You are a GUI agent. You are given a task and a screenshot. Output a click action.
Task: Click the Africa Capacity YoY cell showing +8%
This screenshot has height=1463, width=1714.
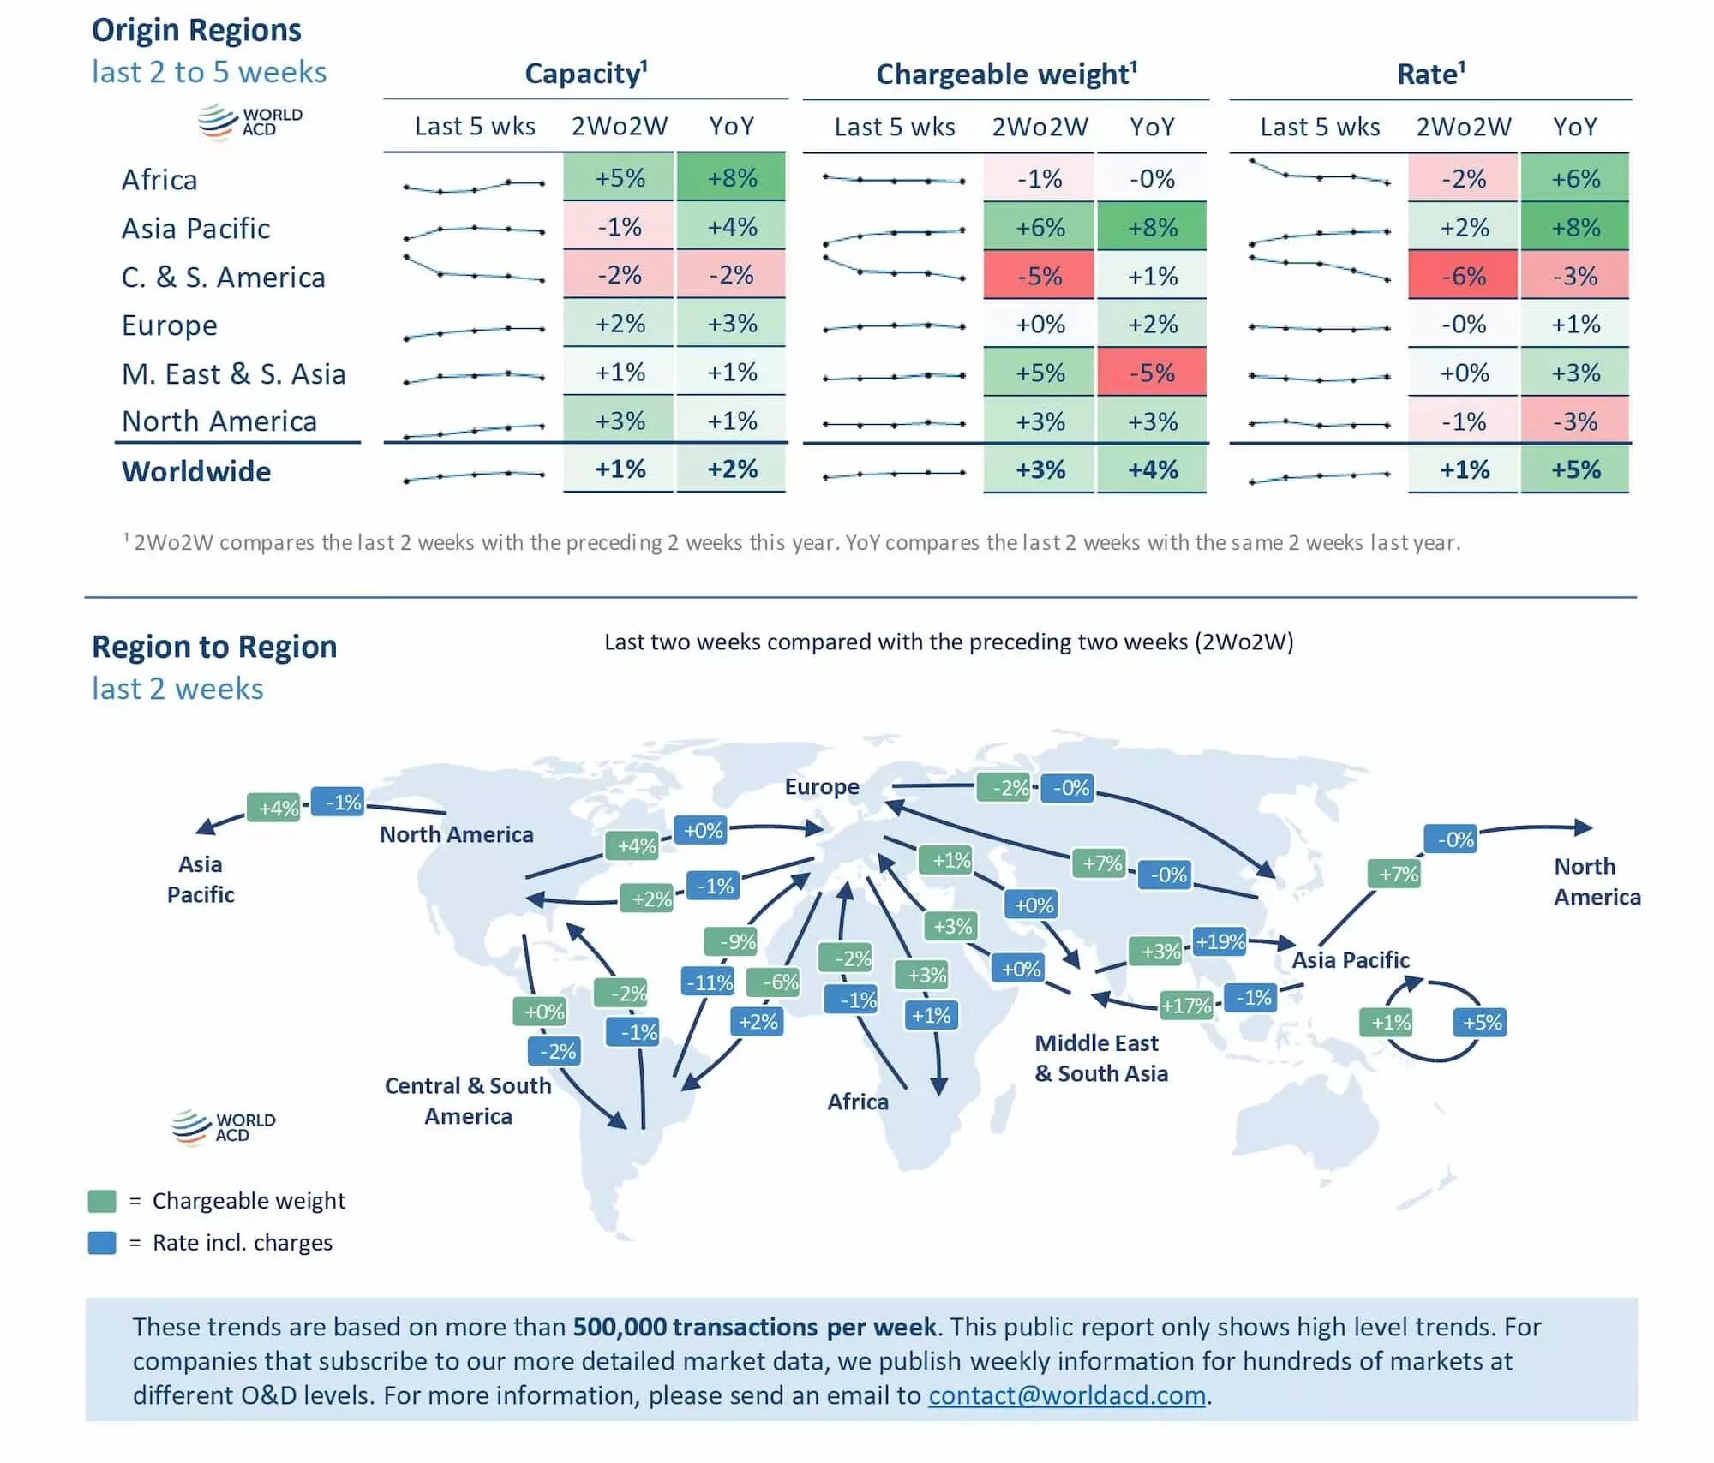pos(732,178)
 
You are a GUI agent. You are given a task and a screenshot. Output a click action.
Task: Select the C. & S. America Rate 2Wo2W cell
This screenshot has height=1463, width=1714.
pos(1463,276)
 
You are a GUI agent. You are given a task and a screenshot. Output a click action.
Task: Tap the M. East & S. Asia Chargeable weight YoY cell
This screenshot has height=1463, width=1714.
pos(1152,373)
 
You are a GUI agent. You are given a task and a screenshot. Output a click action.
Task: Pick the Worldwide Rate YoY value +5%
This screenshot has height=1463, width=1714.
pos(1575,469)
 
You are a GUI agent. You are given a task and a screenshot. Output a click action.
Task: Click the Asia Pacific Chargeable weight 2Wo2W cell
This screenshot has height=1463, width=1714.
pos(1040,227)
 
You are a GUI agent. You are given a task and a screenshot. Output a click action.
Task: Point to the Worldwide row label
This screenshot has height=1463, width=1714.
pos(196,471)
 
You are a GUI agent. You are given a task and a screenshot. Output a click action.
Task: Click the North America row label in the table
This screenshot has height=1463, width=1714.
pos(219,421)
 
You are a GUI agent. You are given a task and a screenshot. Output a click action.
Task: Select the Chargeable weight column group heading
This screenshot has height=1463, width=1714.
pos(1006,74)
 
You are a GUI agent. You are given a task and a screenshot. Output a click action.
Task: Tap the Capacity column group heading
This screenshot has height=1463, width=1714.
pos(586,74)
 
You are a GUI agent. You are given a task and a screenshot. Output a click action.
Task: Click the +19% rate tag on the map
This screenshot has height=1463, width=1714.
pos(1220,942)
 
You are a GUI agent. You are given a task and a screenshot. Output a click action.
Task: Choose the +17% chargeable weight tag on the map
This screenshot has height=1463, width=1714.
pos(1185,1005)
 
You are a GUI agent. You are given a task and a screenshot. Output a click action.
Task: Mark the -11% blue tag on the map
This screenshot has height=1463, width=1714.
pos(709,982)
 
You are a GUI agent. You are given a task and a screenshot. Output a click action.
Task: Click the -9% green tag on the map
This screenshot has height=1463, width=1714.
pos(731,941)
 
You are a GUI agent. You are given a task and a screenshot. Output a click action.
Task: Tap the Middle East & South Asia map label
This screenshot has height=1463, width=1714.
pos(1100,1058)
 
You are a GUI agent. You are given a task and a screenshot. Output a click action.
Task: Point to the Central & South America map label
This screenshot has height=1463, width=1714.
pos(468,1101)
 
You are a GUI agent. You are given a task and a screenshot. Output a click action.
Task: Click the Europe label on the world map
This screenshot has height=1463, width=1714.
pos(822,786)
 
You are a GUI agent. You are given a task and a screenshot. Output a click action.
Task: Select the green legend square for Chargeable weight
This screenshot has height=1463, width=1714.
pos(102,1201)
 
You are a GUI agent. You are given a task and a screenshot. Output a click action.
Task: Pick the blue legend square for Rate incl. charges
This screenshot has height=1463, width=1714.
pos(102,1243)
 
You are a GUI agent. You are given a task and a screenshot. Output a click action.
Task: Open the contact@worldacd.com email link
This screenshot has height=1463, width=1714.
pos(1067,1395)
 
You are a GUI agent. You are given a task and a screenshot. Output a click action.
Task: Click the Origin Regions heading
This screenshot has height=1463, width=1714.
pos(196,30)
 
